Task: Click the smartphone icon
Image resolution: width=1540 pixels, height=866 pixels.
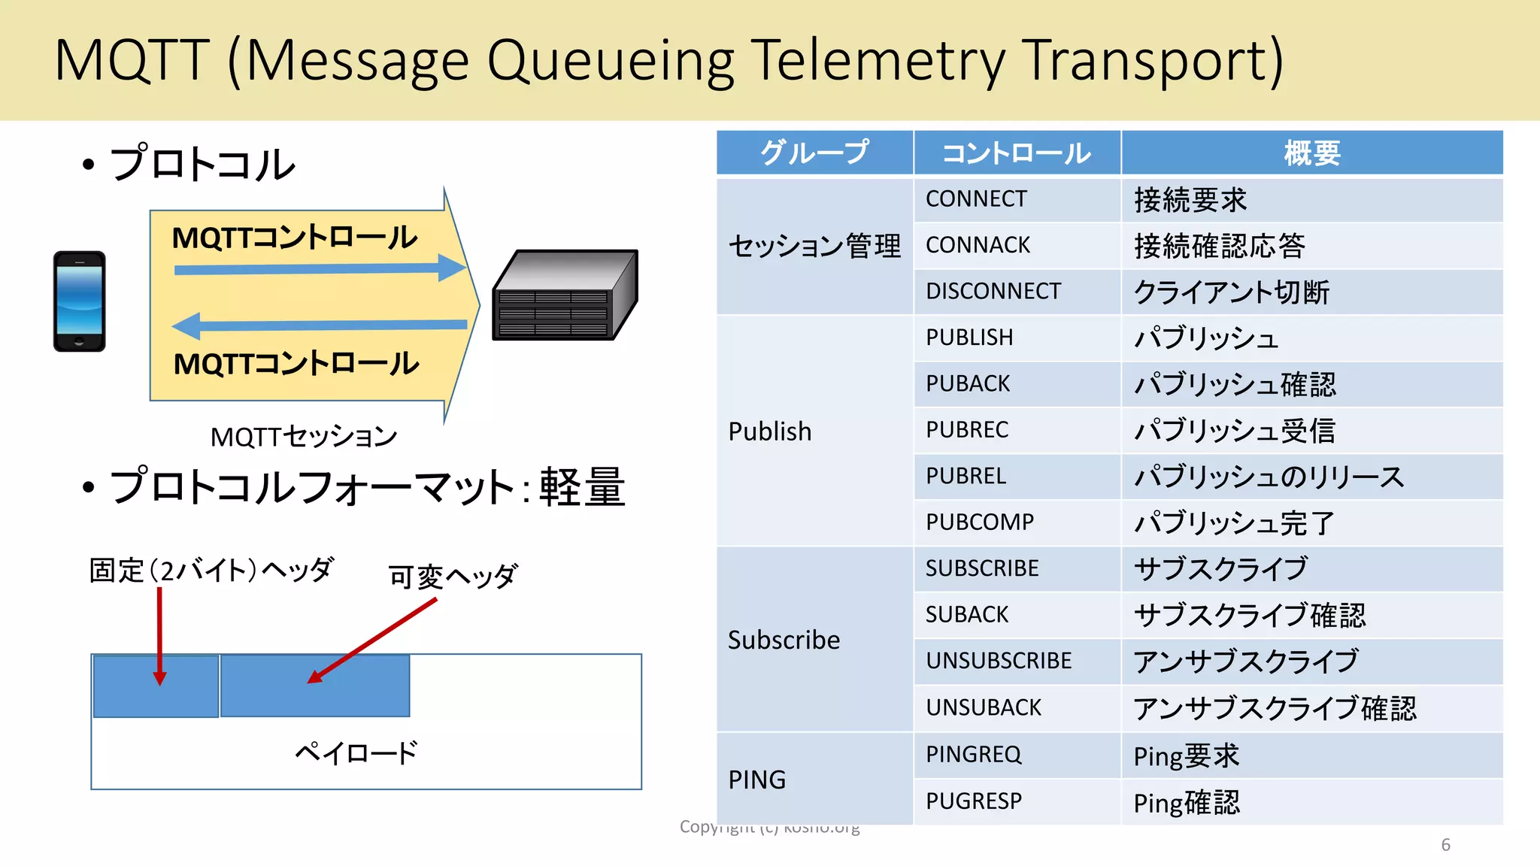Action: (x=79, y=301)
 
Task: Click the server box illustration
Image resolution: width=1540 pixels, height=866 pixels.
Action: (x=565, y=295)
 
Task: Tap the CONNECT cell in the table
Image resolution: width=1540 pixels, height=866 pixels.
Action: (x=976, y=199)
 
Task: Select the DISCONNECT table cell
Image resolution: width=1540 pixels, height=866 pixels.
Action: (x=993, y=292)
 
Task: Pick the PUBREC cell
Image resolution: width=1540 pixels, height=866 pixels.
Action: (x=967, y=430)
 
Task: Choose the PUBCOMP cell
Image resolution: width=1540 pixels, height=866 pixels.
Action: (x=980, y=522)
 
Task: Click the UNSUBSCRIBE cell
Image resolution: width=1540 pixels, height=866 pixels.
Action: (x=999, y=661)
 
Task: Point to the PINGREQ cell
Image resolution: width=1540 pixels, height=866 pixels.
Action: (x=973, y=754)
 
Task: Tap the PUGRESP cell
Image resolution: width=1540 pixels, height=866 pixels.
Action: (x=974, y=801)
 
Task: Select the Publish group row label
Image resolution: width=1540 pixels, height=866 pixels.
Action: (x=770, y=431)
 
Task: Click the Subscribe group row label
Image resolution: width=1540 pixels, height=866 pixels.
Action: (x=784, y=640)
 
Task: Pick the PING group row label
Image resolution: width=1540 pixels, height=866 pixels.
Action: (x=756, y=780)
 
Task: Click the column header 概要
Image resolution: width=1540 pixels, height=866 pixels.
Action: (x=1311, y=153)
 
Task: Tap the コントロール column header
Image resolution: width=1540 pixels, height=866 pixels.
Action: (x=1016, y=153)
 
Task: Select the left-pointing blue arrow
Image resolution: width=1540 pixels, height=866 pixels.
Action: (x=320, y=326)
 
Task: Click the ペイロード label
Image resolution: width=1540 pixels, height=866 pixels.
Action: (x=356, y=752)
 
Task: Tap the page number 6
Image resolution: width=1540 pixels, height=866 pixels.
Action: (x=1445, y=845)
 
